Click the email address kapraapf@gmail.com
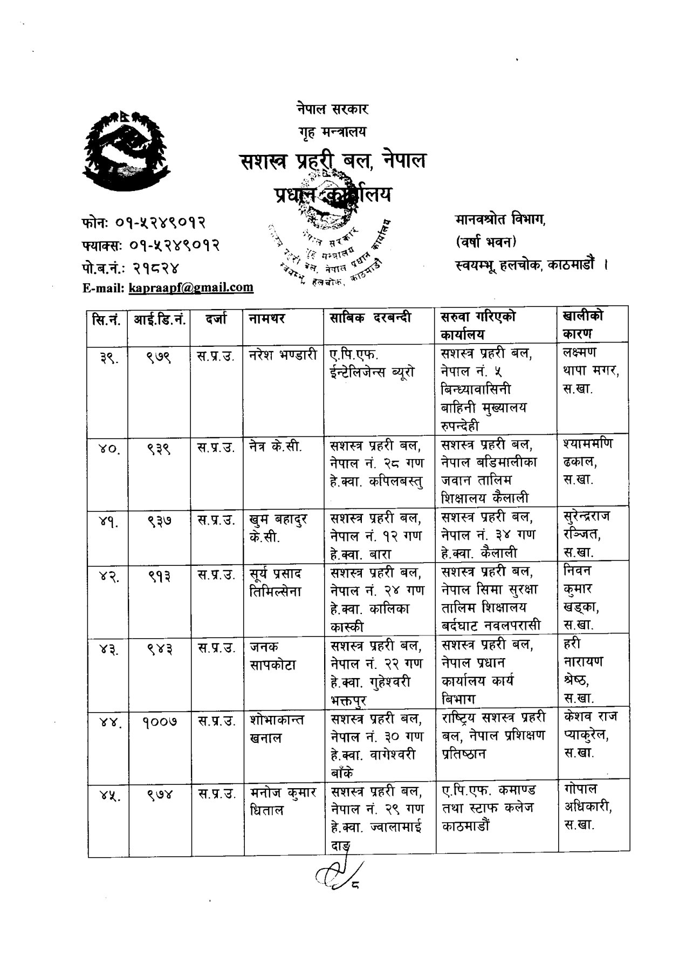point(191,287)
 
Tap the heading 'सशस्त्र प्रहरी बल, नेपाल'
point(333,161)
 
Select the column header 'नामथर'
point(266,318)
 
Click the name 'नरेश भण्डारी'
point(284,356)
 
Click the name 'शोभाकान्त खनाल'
point(277,729)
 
